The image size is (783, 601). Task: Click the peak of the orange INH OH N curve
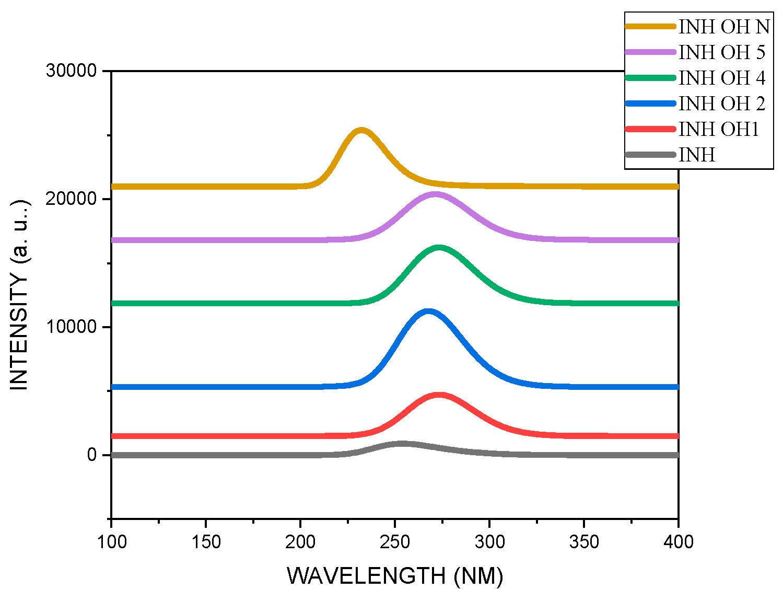pos(361,130)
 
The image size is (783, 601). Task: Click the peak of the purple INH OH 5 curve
pos(435,194)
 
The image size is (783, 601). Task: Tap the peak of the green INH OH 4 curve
pos(438,248)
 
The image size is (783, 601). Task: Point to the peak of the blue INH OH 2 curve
pos(428,312)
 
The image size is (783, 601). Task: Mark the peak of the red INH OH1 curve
pos(438,396)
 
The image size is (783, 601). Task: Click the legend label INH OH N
pos(724,27)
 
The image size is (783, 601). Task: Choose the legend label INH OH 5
pos(722,52)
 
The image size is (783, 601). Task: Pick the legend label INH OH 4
pos(722,78)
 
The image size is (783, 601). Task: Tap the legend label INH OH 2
pos(722,103)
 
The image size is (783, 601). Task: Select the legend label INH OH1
pos(719,129)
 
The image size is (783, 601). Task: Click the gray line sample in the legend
pos(650,155)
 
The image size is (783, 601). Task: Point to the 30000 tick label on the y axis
pos(72,71)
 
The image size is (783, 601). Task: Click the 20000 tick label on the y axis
pos(72,199)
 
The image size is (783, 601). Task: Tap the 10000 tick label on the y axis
pos(72,327)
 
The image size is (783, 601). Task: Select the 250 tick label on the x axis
pos(395,542)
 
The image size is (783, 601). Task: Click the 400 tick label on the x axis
pos(678,542)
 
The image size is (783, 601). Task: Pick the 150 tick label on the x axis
pos(206,542)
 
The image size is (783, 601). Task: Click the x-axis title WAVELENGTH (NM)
pos(395,576)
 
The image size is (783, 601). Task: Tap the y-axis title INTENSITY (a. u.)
pos(19,295)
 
